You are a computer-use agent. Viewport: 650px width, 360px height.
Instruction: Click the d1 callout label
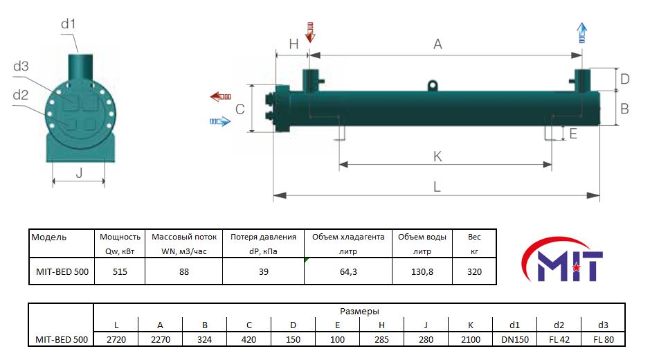click(69, 24)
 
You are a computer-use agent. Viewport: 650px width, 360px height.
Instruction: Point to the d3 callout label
click(21, 66)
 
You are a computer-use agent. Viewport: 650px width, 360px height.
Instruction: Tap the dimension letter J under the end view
click(80, 172)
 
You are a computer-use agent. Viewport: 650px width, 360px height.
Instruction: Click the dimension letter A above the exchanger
click(437, 44)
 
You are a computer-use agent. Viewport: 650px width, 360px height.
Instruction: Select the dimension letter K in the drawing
click(437, 156)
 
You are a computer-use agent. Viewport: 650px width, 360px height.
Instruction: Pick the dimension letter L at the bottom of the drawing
click(437, 187)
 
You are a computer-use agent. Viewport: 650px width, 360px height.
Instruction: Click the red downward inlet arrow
click(309, 33)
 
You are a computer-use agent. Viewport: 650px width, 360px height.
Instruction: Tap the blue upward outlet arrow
click(582, 33)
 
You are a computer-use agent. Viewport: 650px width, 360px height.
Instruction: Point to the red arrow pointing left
click(221, 97)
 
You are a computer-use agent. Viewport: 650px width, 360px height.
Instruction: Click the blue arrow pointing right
click(220, 122)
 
